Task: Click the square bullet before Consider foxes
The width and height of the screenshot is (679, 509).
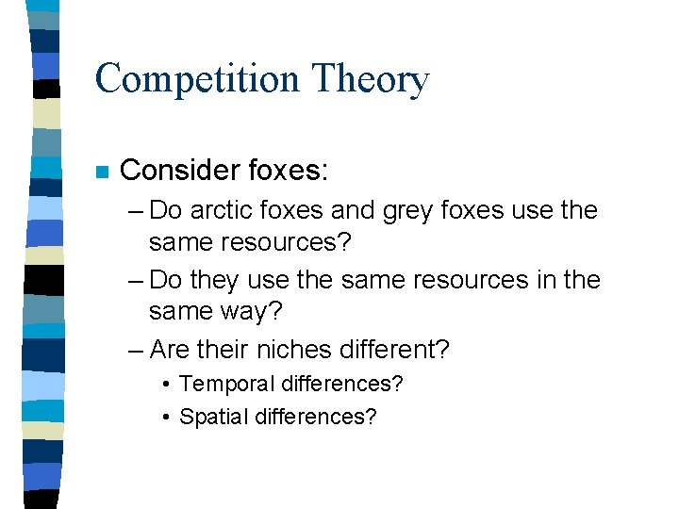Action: pyautogui.click(x=103, y=172)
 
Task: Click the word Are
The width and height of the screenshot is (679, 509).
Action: pyautogui.click(x=170, y=350)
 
